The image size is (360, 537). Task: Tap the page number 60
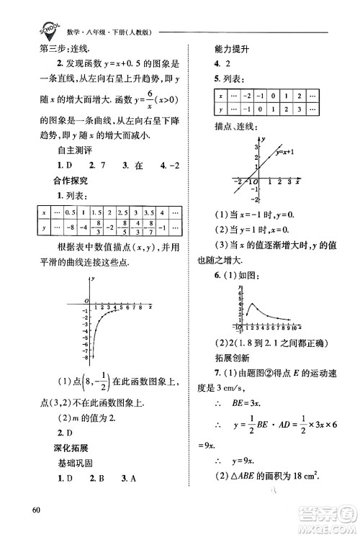37,512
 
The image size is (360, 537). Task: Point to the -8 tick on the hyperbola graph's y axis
85,357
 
